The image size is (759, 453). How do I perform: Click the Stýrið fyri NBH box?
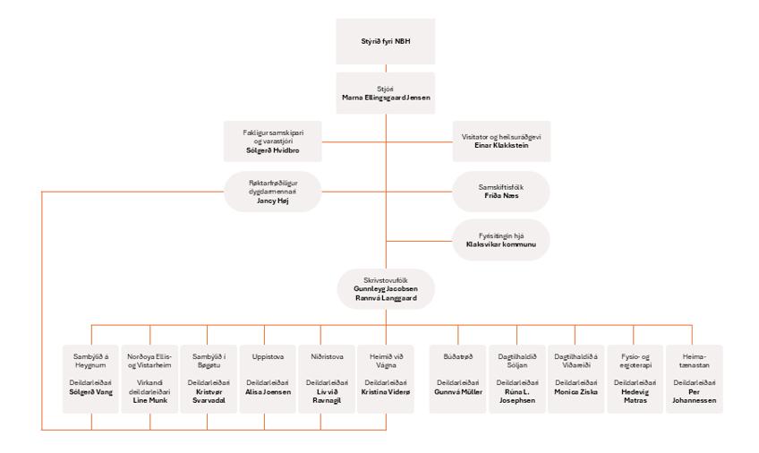(x=386, y=42)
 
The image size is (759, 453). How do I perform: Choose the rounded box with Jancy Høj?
(x=271, y=192)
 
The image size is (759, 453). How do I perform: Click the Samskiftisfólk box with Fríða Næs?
(x=499, y=191)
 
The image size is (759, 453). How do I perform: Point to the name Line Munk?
(x=149, y=400)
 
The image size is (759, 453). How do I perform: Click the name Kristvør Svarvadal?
(x=208, y=397)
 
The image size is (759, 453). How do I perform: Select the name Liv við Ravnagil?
(x=328, y=397)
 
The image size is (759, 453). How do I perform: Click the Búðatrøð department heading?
(x=456, y=355)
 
